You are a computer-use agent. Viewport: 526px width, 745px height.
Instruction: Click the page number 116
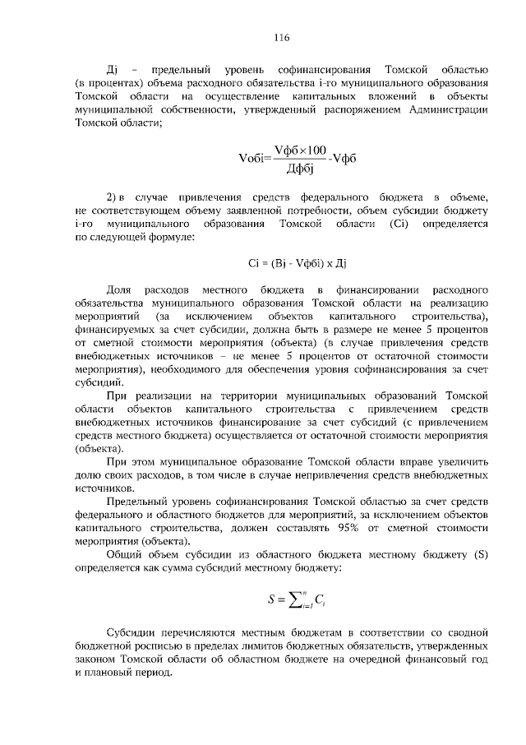(x=280, y=37)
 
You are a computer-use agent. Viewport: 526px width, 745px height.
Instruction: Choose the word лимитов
(x=257, y=647)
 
